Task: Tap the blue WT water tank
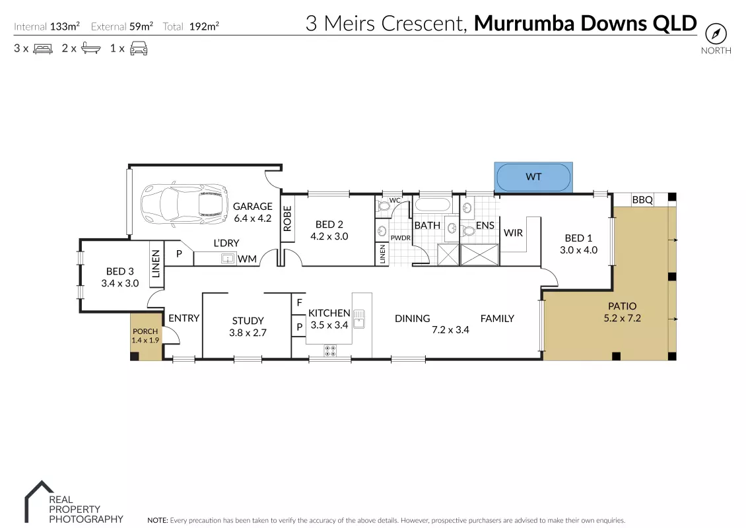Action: [533, 177]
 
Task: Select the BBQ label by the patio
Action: [642, 200]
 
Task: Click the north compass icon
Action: [716, 34]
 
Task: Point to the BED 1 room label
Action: [578, 238]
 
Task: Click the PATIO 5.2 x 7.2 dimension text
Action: [623, 318]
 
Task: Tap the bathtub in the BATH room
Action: [432, 205]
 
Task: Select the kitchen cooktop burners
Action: [330, 351]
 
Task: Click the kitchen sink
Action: [359, 319]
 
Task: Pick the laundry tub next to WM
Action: [228, 259]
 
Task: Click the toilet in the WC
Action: [383, 206]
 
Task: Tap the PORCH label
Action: [145, 331]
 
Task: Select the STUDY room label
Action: [248, 321]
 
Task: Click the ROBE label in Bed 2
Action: [287, 218]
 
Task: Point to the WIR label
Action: [514, 232]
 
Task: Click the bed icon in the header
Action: [43, 49]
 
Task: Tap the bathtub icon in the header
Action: [91, 48]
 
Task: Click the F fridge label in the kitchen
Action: [299, 302]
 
